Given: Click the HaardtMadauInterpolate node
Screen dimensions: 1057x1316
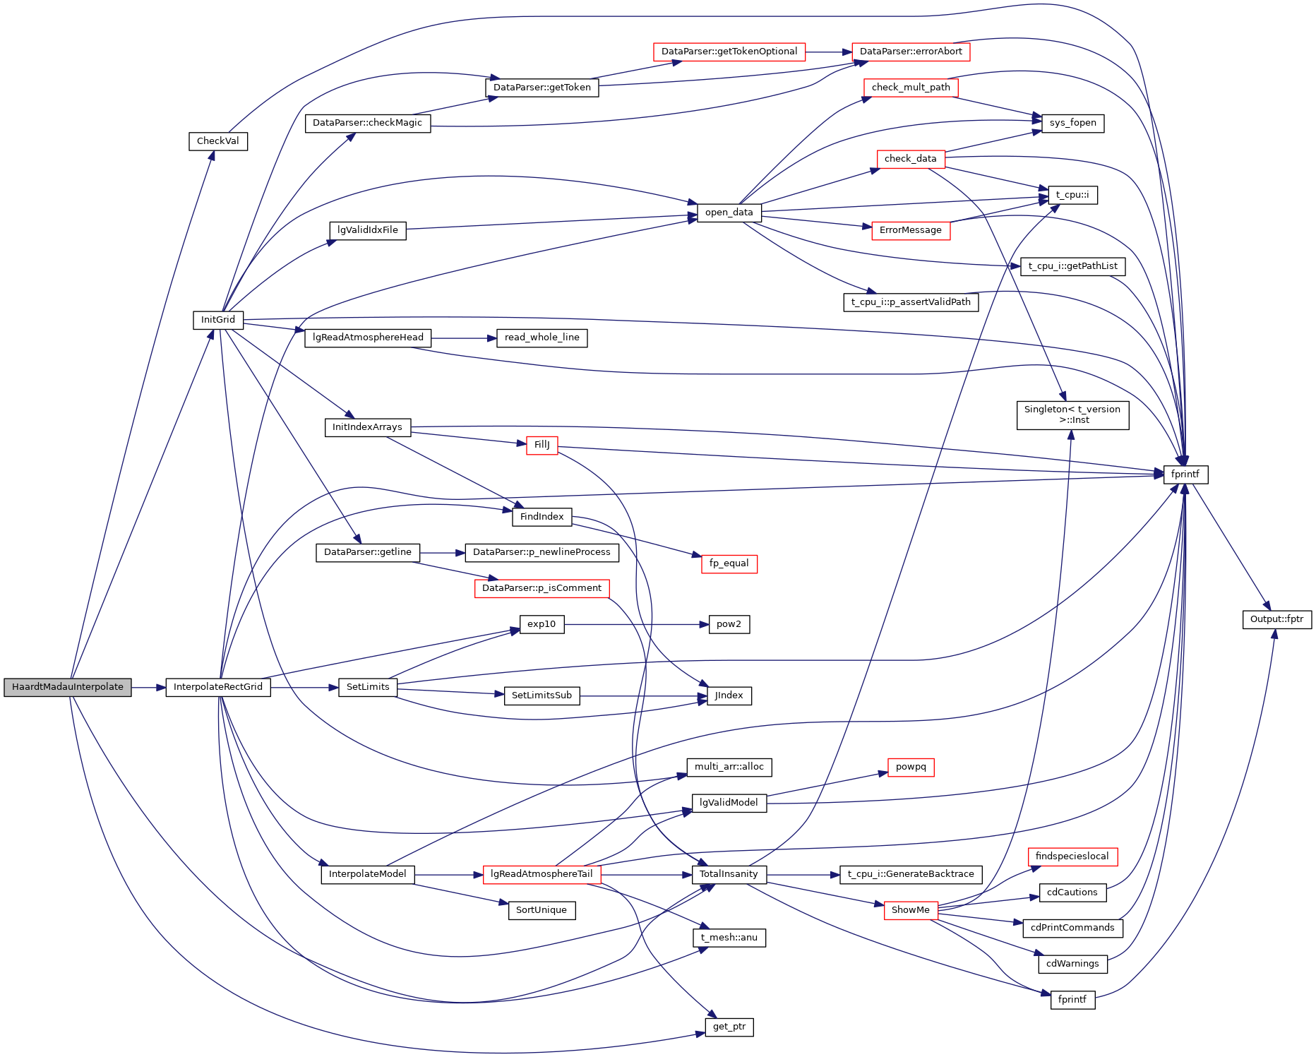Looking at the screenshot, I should point(68,687).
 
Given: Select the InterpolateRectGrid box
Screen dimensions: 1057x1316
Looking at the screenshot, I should point(218,687).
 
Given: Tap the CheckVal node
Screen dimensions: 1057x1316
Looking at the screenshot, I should point(218,141).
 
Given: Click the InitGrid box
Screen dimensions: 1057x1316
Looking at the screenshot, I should point(218,320).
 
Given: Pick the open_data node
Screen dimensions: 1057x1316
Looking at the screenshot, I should point(729,213).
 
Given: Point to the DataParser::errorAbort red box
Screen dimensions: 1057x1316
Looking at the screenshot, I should point(911,52).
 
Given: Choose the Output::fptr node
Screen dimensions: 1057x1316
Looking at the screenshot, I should point(1276,619).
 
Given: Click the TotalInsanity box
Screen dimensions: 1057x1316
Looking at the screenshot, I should point(729,874).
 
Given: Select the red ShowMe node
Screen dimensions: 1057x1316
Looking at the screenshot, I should point(911,910).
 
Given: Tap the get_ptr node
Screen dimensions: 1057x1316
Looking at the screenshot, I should point(729,1027).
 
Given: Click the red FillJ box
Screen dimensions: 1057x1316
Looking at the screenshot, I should point(542,445).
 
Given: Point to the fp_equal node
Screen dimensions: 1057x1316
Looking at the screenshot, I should point(729,563).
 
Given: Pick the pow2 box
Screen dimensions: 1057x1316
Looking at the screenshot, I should point(729,624).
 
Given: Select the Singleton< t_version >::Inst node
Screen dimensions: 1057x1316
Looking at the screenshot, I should point(1072,414).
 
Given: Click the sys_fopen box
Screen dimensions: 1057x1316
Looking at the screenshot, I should point(1072,123).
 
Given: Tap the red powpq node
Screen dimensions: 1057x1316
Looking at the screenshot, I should point(911,767).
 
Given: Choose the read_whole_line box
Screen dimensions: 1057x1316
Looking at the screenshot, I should point(542,338).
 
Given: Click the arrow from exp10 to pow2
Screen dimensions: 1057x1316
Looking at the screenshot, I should point(635,624).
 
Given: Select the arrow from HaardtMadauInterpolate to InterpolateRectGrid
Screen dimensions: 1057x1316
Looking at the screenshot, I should point(148,687).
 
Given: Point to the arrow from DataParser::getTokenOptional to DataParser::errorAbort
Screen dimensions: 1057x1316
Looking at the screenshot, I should point(828,52).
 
